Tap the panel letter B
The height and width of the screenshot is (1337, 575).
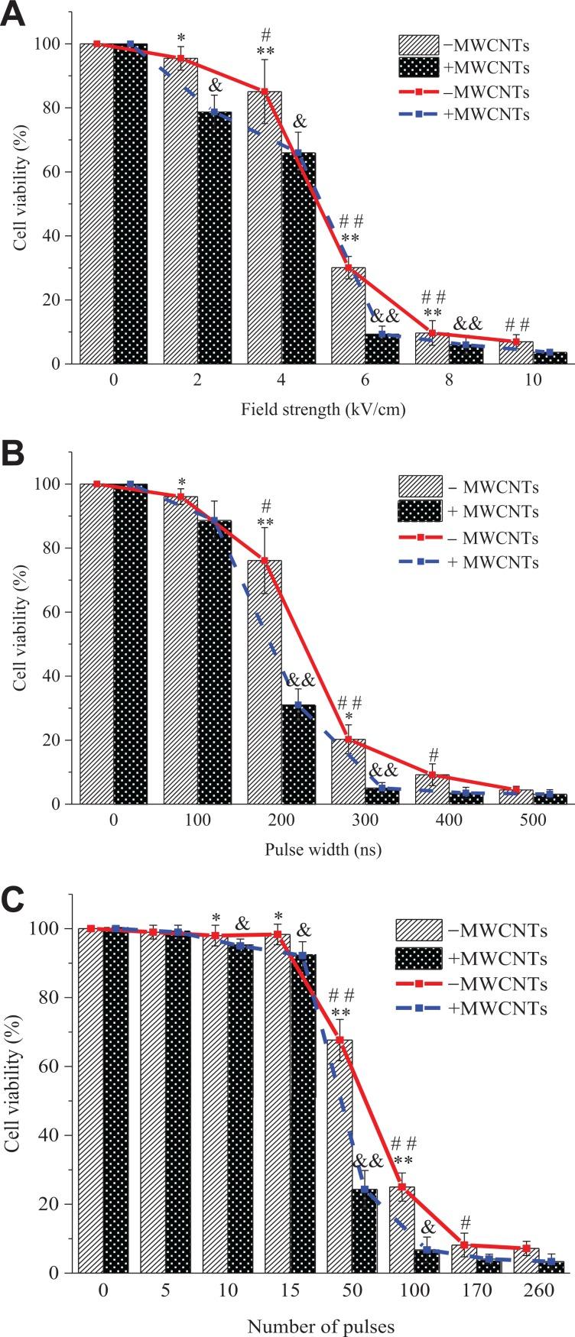click(x=17, y=464)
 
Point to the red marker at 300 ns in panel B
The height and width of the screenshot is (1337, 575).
click(x=348, y=740)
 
